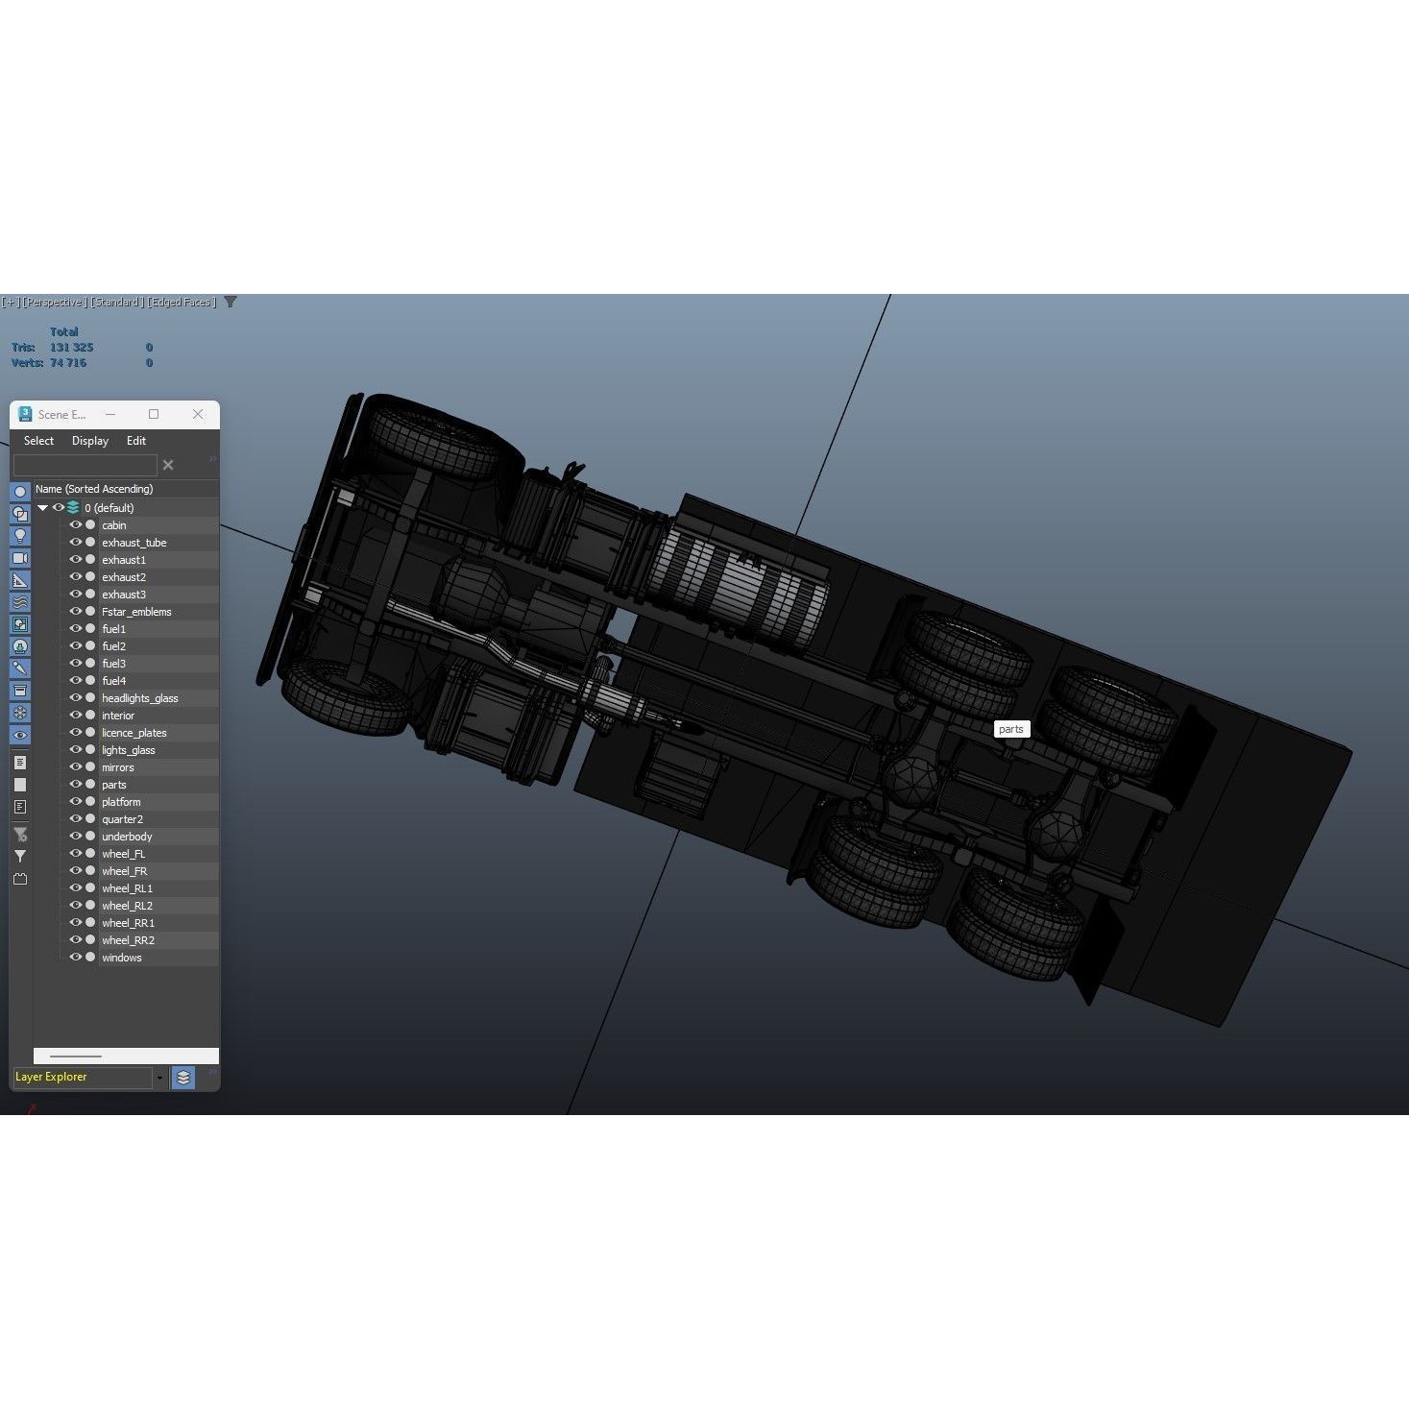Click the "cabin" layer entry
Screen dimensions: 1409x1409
click(114, 525)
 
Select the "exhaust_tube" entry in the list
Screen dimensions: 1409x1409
click(134, 543)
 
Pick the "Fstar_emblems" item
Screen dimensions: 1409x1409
click(136, 612)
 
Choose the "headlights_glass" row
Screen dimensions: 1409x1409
click(140, 698)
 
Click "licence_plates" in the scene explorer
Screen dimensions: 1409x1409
click(134, 733)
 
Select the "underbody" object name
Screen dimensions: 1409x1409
click(127, 837)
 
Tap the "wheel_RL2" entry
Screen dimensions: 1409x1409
click(128, 906)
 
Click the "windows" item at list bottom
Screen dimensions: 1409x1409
click(122, 958)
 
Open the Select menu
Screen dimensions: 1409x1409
click(38, 441)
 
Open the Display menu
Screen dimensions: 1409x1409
click(90, 441)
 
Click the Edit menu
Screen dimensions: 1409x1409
click(136, 441)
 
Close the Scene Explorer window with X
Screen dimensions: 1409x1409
click(198, 414)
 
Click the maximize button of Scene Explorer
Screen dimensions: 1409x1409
click(154, 414)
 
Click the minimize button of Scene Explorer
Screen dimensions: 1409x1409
click(110, 414)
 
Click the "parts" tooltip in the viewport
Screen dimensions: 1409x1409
click(1011, 729)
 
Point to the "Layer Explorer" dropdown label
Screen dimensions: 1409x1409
click(52, 1077)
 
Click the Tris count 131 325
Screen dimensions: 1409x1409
click(72, 348)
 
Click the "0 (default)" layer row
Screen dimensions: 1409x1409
click(109, 508)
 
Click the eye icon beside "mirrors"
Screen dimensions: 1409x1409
click(75, 767)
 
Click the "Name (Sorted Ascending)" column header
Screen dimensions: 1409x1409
click(94, 489)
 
